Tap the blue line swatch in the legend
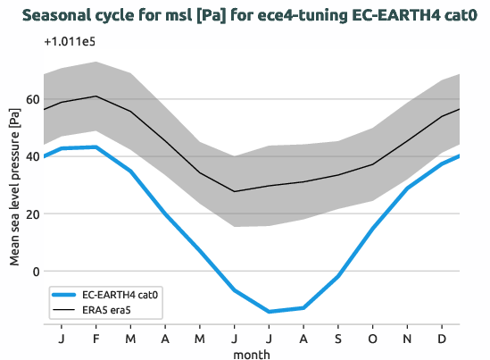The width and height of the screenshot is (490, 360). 65,294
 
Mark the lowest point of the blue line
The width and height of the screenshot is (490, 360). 270,312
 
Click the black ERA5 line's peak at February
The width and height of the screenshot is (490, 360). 96,96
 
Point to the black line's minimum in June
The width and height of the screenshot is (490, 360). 235,191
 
